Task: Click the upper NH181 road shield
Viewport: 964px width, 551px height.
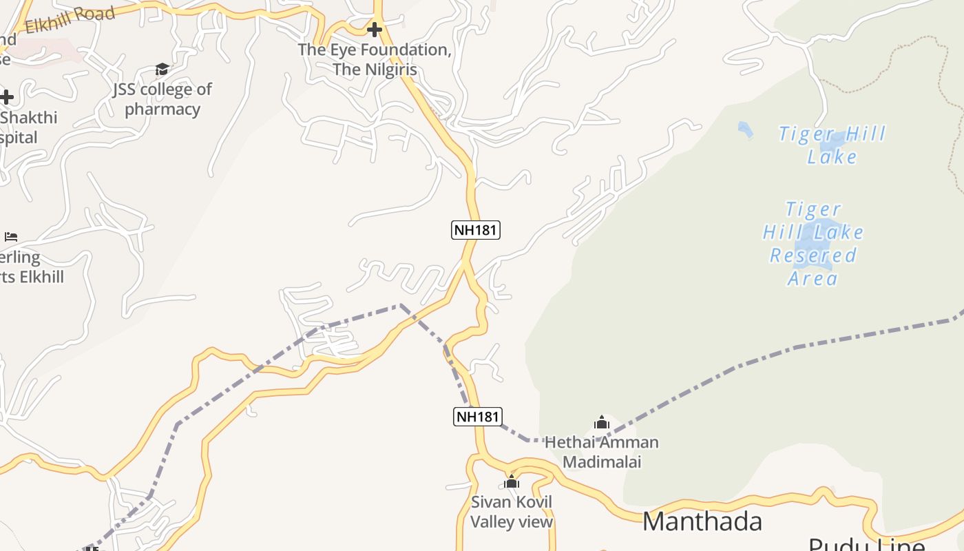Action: tap(476, 230)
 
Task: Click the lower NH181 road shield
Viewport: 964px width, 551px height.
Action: tap(477, 416)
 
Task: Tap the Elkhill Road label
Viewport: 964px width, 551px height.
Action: tap(70, 20)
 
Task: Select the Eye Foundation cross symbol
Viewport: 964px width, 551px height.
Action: tap(375, 30)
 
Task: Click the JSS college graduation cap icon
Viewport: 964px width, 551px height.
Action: tap(162, 69)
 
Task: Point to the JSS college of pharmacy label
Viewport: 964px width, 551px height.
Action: tap(163, 99)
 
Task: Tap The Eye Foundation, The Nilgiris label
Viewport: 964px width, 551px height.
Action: tap(375, 60)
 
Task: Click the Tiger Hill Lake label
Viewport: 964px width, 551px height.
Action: tap(832, 145)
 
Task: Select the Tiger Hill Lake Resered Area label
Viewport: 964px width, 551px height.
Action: tap(813, 244)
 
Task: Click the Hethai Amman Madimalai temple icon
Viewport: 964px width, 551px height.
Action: tap(602, 422)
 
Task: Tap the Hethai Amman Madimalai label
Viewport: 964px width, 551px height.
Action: tap(602, 452)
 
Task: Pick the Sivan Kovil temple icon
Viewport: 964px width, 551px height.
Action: tap(511, 481)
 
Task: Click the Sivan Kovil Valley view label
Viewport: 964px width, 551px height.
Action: tap(512, 512)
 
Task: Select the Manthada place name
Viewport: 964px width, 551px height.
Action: tap(702, 521)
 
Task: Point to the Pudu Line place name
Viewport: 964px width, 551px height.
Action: tap(866, 544)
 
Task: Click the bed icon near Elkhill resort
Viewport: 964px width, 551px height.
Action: tap(11, 237)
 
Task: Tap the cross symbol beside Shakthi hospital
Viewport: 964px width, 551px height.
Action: tap(7, 97)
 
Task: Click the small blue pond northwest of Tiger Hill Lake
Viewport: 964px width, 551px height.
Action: tap(745, 129)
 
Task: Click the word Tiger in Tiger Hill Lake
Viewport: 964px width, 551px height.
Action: tap(806, 134)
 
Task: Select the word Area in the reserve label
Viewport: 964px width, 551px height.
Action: tap(813, 279)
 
